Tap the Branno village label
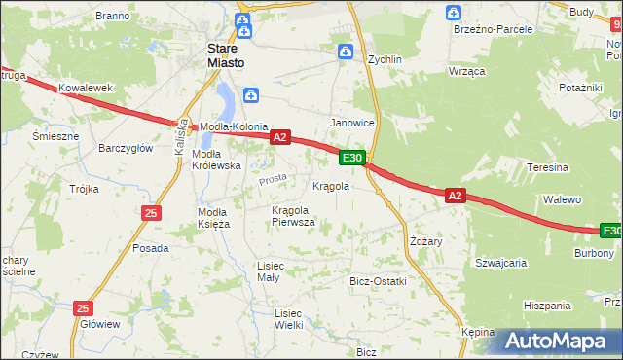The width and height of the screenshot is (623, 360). pyautogui.click(x=113, y=17)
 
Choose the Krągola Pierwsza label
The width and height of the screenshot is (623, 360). pyautogui.click(x=293, y=216)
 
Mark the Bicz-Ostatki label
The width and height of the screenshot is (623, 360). pyautogui.click(x=378, y=281)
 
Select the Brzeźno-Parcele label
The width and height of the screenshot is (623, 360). pyautogui.click(x=493, y=29)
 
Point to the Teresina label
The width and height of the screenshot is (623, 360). pyautogui.click(x=547, y=167)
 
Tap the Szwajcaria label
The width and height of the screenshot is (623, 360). pyautogui.click(x=500, y=263)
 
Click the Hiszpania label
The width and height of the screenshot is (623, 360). pyautogui.click(x=546, y=306)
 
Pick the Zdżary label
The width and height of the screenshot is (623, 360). pyautogui.click(x=426, y=241)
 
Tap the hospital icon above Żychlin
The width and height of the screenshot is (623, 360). pyautogui.click(x=345, y=53)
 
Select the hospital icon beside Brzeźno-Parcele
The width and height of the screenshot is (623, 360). pyautogui.click(x=453, y=13)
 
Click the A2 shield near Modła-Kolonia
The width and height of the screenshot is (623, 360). pyautogui.click(x=279, y=138)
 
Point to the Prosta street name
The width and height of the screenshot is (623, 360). pyautogui.click(x=272, y=180)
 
